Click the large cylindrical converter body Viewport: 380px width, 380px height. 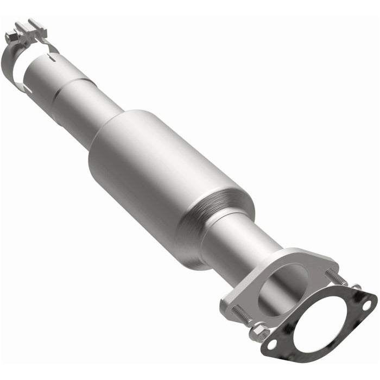(x=163, y=174)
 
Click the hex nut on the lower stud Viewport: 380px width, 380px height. (x=259, y=331)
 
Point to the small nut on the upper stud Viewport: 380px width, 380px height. (x=355, y=287)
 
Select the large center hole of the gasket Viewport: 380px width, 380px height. (x=320, y=320)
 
